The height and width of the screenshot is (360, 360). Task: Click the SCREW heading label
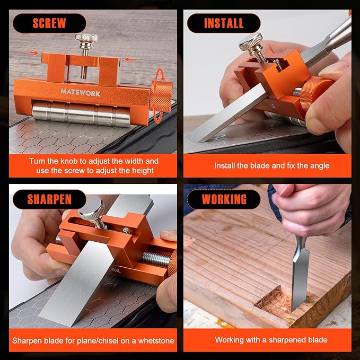[x=49, y=23]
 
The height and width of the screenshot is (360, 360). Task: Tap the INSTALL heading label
[x=223, y=23]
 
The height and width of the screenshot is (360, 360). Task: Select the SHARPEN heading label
[x=49, y=200]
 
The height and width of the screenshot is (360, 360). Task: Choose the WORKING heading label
[x=224, y=200]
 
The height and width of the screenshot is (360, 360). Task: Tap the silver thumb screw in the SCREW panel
[x=86, y=39]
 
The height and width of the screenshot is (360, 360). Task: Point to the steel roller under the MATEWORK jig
[x=80, y=113]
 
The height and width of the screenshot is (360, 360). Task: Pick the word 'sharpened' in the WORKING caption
[x=286, y=340]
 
